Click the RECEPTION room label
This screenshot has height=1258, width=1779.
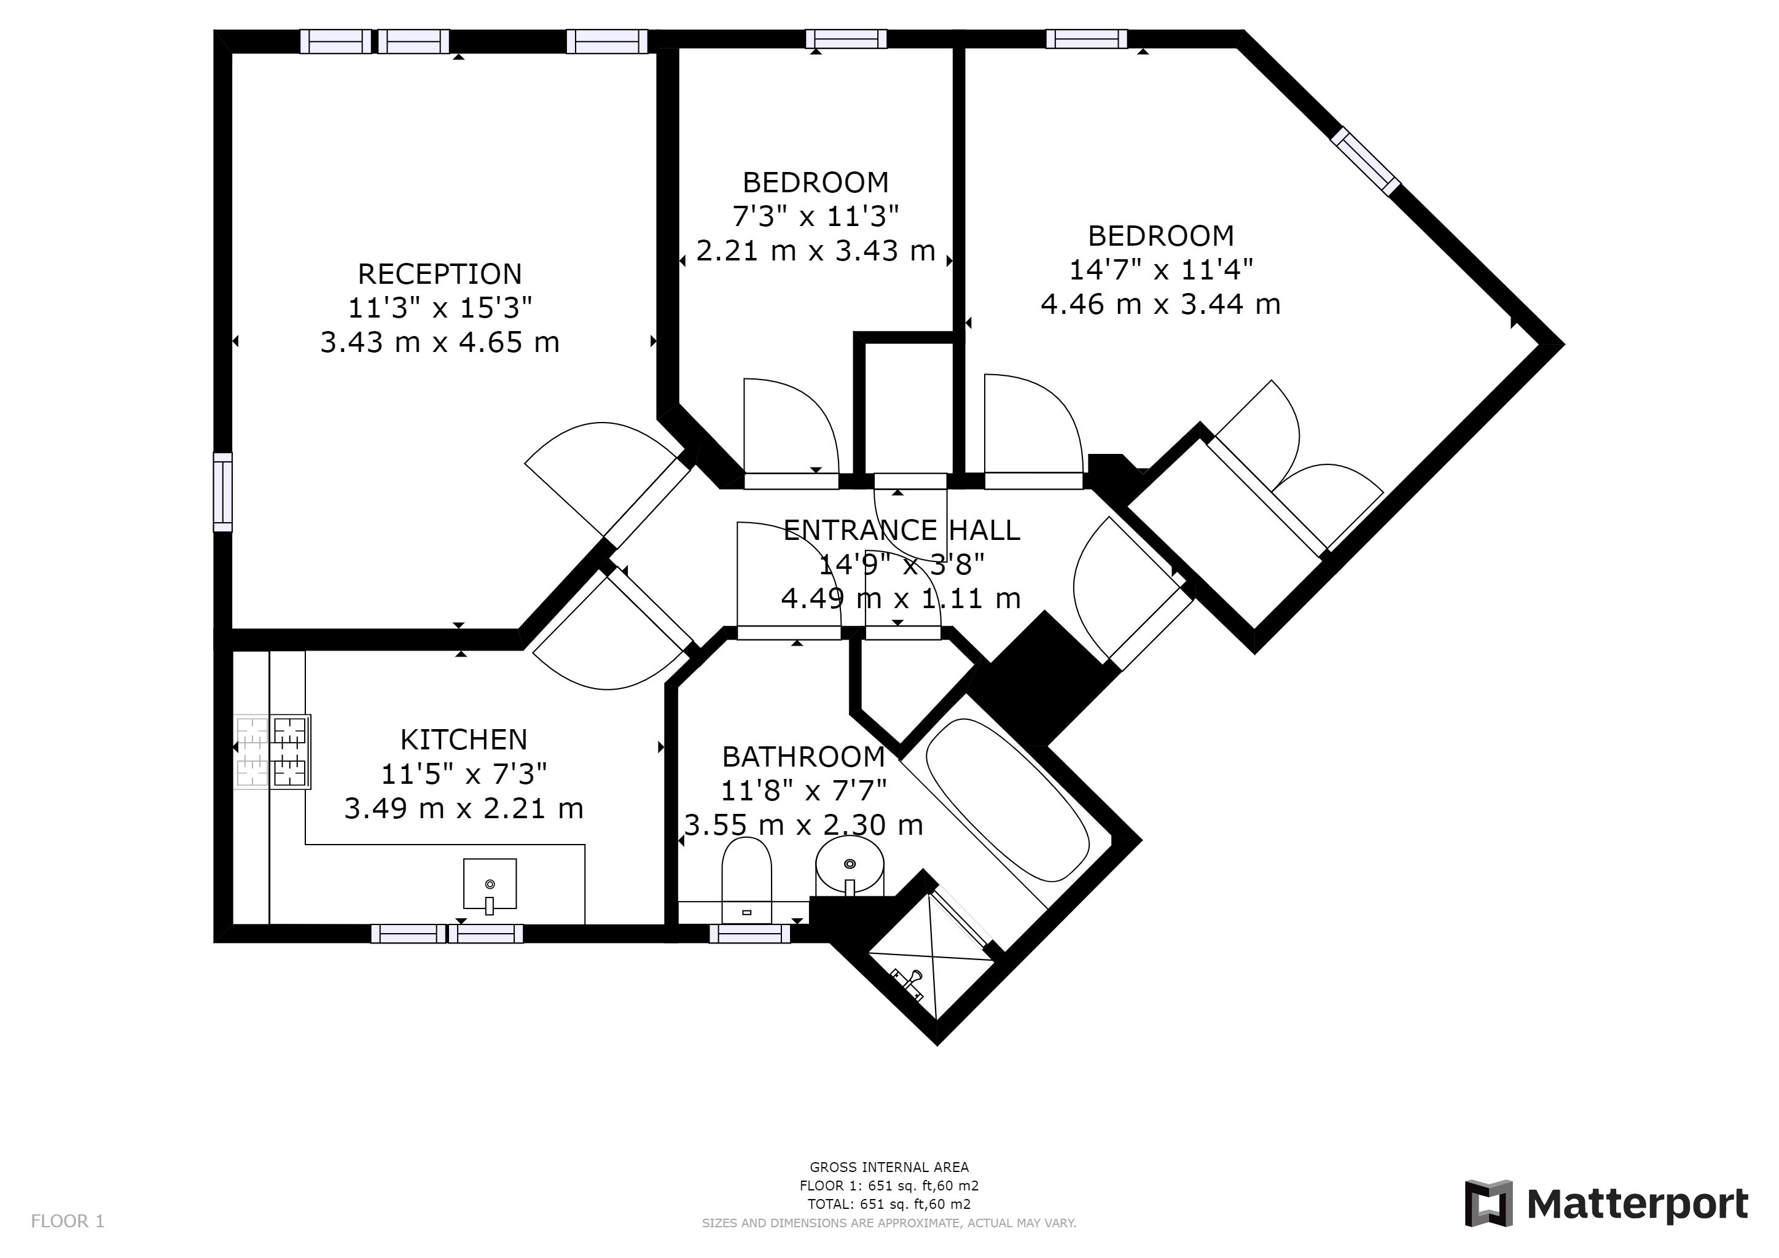[x=439, y=274]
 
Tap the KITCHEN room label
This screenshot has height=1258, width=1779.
[x=463, y=740]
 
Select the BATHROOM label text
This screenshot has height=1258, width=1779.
[x=803, y=757]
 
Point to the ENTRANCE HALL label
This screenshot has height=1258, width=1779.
[x=902, y=531]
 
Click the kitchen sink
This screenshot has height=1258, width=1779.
[x=490, y=884]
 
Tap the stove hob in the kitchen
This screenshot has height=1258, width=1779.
[x=272, y=751]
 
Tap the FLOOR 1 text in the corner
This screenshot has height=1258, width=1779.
[x=68, y=1222]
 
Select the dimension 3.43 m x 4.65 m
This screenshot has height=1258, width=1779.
[x=439, y=342]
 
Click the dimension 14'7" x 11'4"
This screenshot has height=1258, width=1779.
[x=1160, y=270]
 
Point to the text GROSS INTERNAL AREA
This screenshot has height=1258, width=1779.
[x=889, y=1167]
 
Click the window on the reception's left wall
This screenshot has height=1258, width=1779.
[x=222, y=492]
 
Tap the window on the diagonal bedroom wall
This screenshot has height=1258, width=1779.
[x=1365, y=162]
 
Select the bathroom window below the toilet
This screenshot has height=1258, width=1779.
[x=749, y=934]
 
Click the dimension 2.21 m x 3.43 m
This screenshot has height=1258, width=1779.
[x=815, y=251]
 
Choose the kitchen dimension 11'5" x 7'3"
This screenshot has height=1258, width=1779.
[x=463, y=774]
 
